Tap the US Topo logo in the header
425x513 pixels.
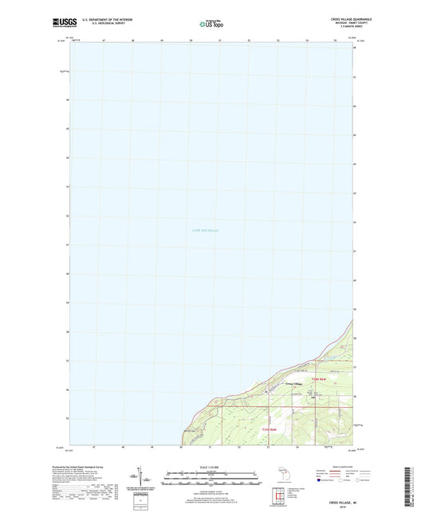(211, 24)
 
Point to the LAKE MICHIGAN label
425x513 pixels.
(206, 230)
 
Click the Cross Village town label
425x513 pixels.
(294, 385)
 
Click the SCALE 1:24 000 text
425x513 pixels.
(211, 468)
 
